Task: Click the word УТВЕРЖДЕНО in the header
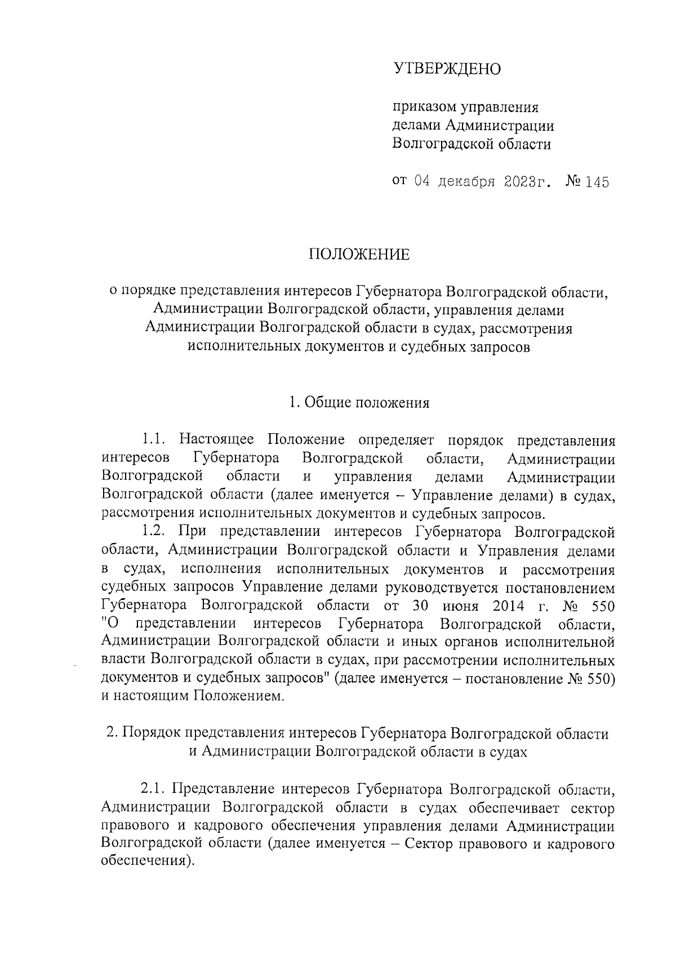point(447,69)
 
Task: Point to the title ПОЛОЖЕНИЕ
point(359,255)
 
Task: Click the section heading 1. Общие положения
point(359,403)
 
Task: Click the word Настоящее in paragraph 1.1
point(216,439)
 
